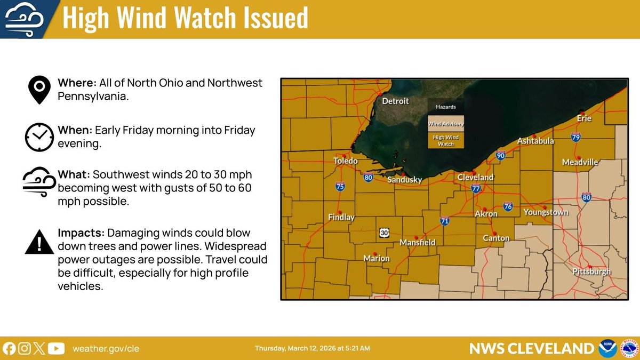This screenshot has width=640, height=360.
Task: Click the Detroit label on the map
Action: tap(395, 101)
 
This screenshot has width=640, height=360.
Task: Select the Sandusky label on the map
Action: tap(404, 180)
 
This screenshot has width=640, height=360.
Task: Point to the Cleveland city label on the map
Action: tap(475, 177)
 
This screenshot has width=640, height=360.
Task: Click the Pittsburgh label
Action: tap(591, 272)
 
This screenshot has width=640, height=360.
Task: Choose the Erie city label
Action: tap(585, 118)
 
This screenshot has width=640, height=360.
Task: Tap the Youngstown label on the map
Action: tap(546, 212)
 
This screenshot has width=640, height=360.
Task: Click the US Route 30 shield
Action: tap(384, 233)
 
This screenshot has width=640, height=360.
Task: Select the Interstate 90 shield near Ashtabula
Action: tap(500, 156)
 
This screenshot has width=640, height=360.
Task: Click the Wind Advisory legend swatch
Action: tap(445, 124)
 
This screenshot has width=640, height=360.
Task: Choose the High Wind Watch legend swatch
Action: tap(445, 141)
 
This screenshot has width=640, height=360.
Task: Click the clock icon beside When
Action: tap(39, 137)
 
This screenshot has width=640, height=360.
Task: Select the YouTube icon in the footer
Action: tap(56, 348)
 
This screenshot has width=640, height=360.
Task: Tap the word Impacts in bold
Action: tap(81, 234)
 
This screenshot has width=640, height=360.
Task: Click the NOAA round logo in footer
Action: tap(608, 348)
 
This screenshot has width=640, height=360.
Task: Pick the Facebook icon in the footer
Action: tap(9, 348)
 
